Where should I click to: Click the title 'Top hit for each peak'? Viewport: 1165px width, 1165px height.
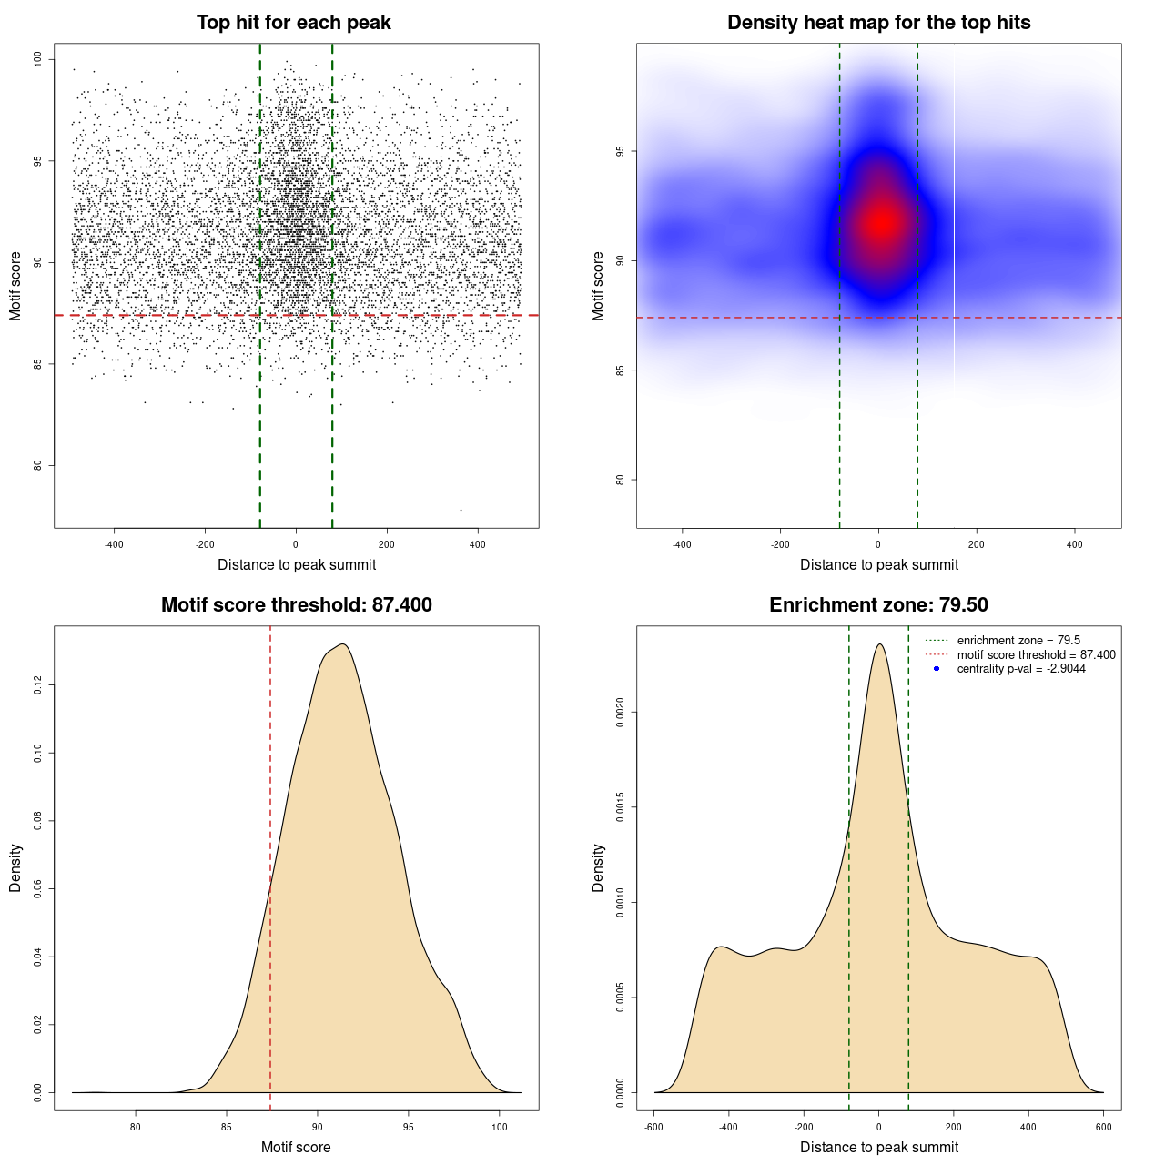click(293, 23)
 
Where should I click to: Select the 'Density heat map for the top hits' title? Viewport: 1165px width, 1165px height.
click(878, 23)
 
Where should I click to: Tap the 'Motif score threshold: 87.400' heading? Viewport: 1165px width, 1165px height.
click(296, 605)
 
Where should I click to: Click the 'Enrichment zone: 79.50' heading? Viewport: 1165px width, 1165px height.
click(878, 605)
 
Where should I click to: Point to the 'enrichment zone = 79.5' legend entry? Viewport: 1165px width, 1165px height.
click(1018, 641)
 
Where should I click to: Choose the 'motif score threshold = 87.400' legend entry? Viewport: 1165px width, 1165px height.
click(1036, 655)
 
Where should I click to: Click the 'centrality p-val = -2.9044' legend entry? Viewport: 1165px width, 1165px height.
click(1021, 669)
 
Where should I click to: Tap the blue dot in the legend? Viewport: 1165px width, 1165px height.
click(937, 669)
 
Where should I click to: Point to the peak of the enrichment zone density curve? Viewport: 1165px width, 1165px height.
click(879, 644)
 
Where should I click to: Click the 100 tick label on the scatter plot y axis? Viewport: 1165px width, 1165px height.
click(37, 60)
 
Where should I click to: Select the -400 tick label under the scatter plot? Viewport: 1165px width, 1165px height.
click(114, 544)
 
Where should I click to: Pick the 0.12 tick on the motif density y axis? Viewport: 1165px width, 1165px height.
click(37, 685)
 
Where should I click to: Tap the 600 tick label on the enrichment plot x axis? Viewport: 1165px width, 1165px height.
click(1103, 1127)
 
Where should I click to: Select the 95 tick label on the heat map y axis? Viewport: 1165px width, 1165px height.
click(620, 151)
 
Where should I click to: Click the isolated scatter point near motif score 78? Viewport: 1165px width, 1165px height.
click(461, 510)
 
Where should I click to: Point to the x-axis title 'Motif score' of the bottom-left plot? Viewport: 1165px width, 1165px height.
click(296, 1147)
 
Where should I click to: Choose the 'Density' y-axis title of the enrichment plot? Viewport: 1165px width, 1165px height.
click(598, 867)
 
